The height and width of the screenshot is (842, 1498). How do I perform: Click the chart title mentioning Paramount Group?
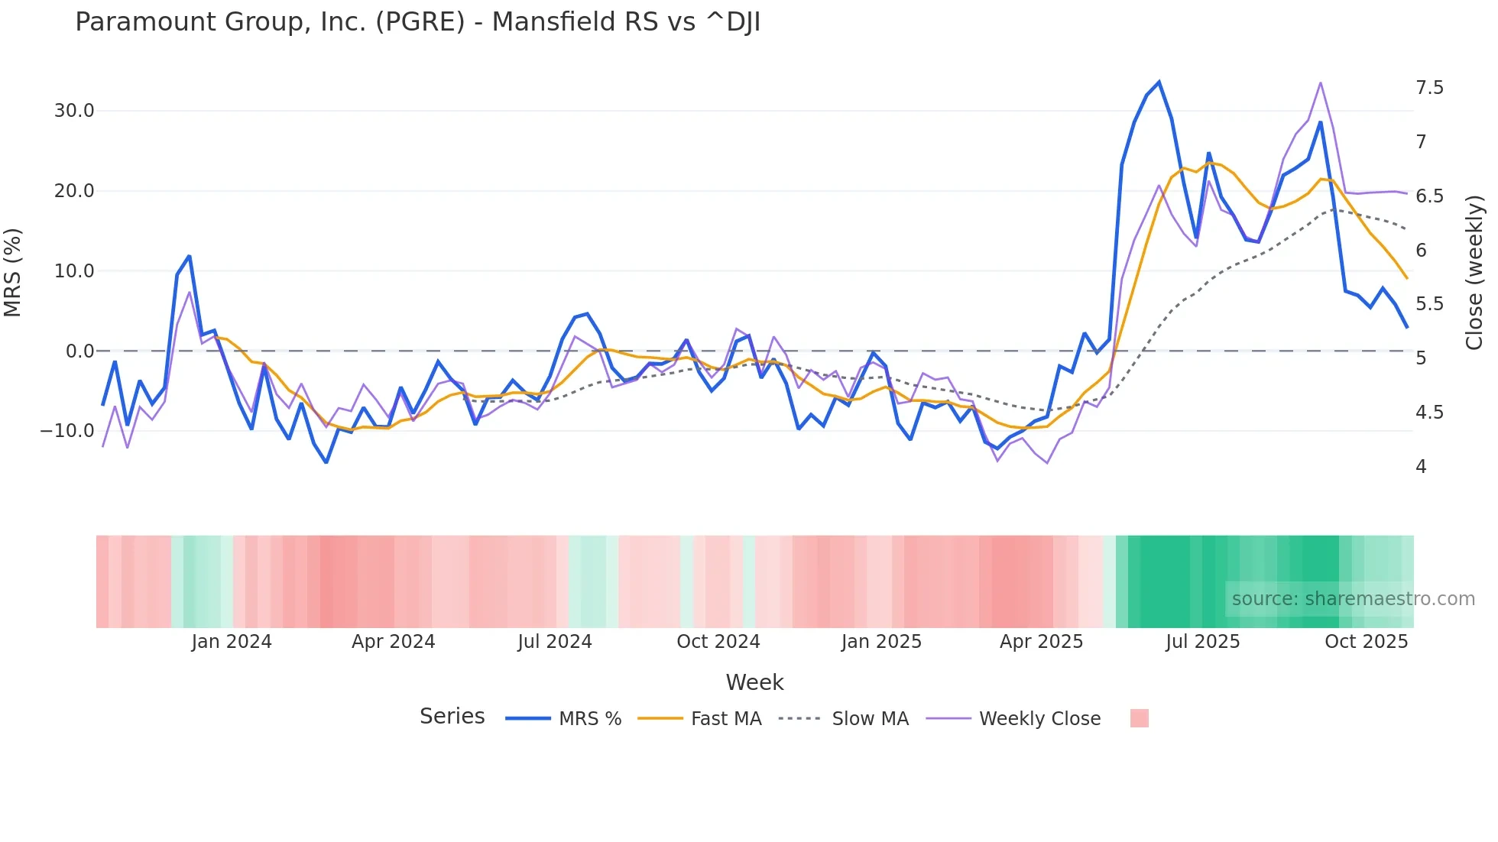[417, 22]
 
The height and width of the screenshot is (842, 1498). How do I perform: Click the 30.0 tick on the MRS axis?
[74, 111]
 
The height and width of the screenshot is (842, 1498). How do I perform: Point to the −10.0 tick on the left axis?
[67, 431]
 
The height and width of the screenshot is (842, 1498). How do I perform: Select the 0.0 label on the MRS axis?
[79, 351]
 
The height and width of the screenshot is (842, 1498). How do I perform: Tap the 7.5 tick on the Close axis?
[1429, 88]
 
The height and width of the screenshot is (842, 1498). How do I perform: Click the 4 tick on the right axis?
[1421, 467]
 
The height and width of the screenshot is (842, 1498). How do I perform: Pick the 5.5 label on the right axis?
[1429, 304]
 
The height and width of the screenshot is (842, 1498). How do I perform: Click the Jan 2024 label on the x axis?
[232, 642]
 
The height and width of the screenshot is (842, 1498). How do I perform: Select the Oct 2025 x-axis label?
[1366, 642]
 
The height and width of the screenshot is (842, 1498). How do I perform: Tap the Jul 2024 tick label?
[555, 642]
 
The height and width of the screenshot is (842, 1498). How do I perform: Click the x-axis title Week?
[754, 682]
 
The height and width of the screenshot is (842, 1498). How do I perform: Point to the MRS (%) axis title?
[13, 273]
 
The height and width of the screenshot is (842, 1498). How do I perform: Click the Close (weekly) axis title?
[1474, 273]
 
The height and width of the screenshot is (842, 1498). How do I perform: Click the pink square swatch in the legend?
[1139, 718]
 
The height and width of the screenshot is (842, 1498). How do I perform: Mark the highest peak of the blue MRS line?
[1159, 82]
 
